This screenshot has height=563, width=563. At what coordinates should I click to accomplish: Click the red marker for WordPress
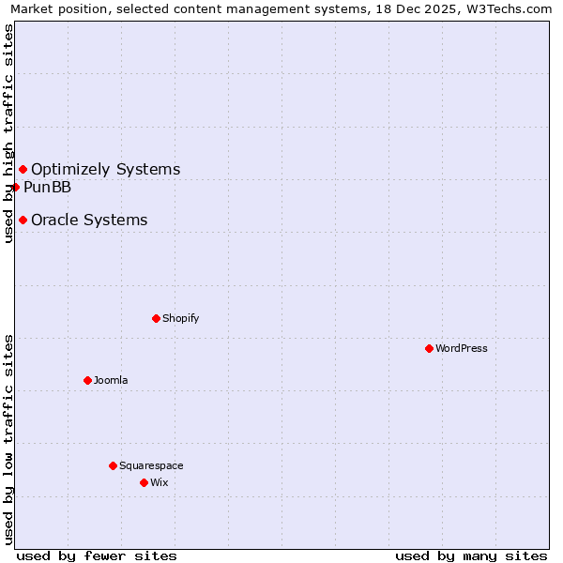click(x=429, y=348)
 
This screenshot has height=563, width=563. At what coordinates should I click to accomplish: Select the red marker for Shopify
click(x=156, y=318)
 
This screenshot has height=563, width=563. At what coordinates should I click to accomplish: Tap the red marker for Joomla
click(x=87, y=380)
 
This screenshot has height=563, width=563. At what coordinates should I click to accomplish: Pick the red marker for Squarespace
click(x=113, y=465)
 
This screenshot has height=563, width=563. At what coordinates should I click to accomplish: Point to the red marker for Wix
click(x=144, y=482)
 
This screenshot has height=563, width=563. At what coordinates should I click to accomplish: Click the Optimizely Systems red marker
click(x=23, y=169)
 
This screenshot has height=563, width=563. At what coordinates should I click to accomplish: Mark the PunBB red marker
click(x=16, y=187)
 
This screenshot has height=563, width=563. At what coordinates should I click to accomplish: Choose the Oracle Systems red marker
click(x=23, y=220)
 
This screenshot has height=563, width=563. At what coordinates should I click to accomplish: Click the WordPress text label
click(x=462, y=348)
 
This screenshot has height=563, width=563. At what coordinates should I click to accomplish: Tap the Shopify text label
click(x=181, y=318)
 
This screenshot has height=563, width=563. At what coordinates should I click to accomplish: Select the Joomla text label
click(x=111, y=380)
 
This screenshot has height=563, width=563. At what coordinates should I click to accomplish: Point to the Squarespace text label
click(x=151, y=465)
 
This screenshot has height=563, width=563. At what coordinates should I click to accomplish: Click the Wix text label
click(x=160, y=482)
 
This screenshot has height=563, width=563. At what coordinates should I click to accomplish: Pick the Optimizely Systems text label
click(x=106, y=169)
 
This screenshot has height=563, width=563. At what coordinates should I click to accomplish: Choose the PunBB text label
click(x=48, y=187)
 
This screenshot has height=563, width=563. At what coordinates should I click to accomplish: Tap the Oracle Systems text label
click(x=89, y=220)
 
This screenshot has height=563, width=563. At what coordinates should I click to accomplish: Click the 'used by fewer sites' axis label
click(x=97, y=555)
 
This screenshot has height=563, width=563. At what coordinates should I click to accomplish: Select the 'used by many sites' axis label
click(x=471, y=555)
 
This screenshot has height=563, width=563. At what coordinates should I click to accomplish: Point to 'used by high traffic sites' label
click(x=8, y=133)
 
